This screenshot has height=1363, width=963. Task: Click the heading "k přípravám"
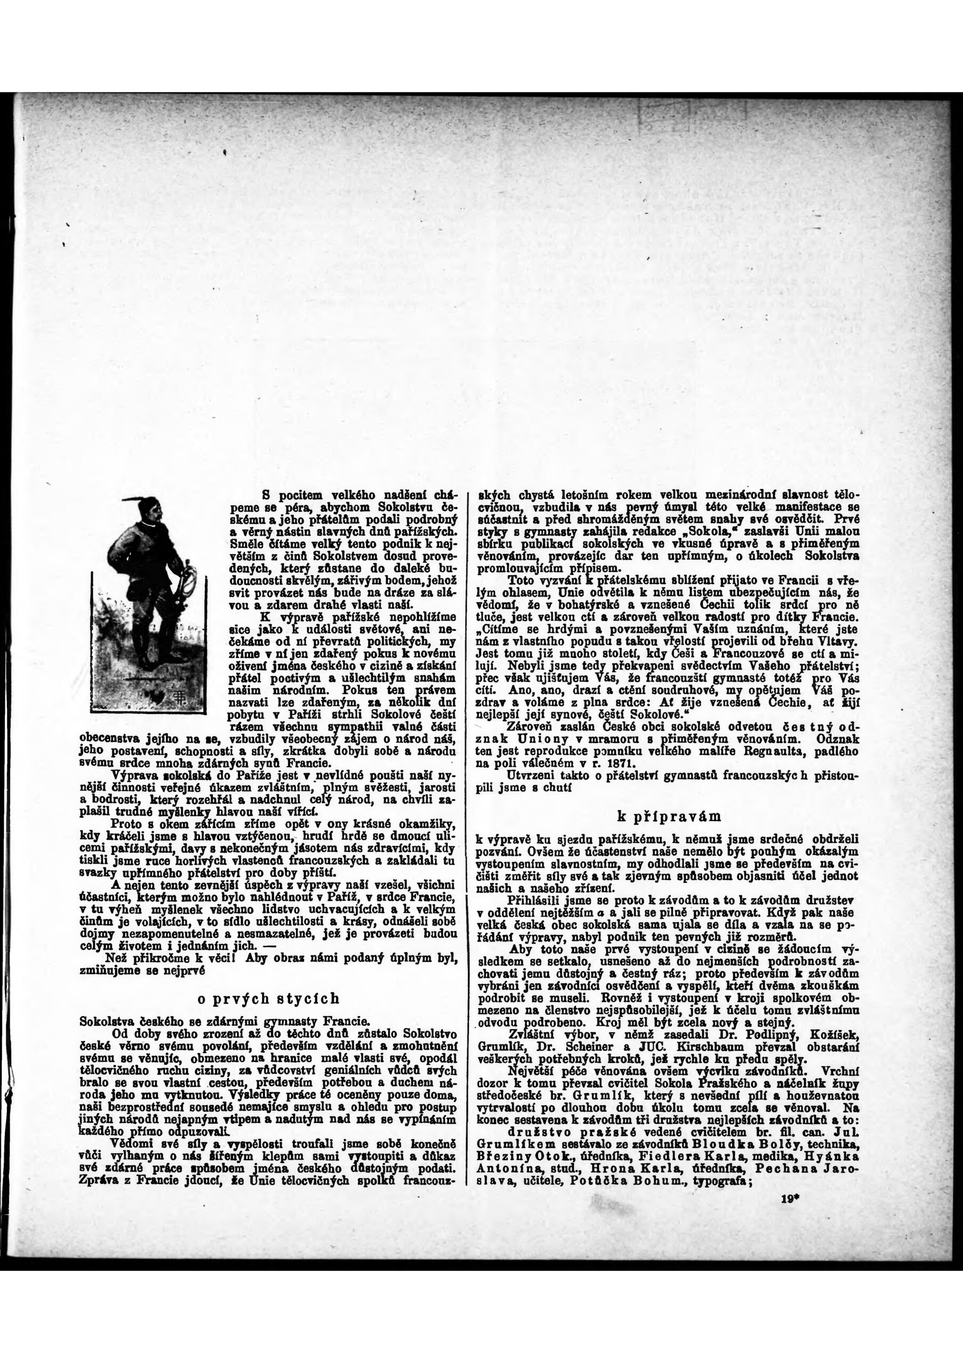[669, 816]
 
